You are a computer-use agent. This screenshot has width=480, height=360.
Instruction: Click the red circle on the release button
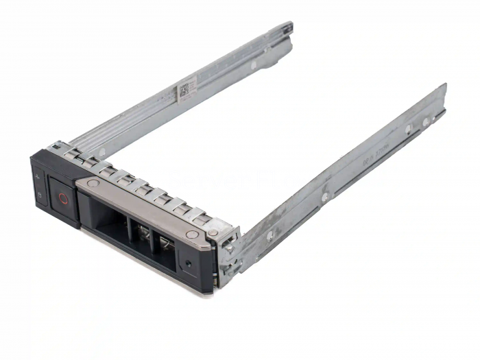tap(63, 199)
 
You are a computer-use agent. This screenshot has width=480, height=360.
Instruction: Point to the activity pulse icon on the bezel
tap(38, 178)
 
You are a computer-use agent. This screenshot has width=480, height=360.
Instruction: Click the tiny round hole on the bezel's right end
tap(189, 262)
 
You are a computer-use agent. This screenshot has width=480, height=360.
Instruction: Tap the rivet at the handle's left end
tap(91, 184)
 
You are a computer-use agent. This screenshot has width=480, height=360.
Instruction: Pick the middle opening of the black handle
tap(144, 235)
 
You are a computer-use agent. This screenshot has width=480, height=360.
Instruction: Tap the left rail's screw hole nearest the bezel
tap(102, 150)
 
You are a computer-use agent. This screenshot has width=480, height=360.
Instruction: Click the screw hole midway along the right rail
tap(325, 196)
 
